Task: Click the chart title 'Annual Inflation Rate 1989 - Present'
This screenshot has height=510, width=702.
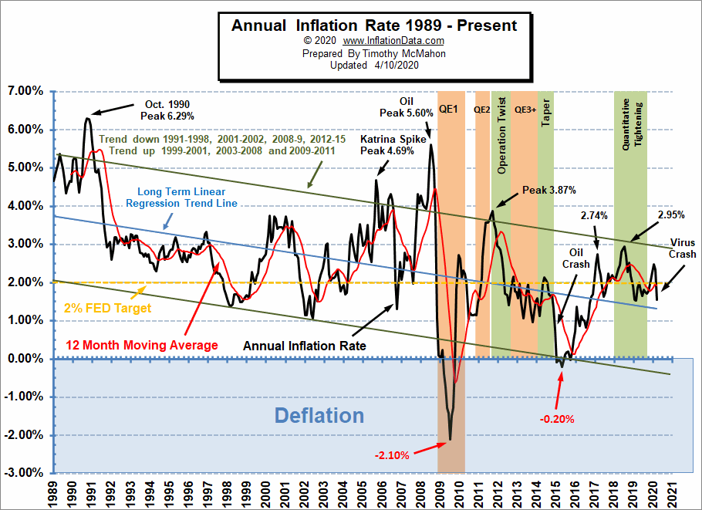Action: point(374,25)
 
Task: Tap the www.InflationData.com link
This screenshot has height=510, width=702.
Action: point(393,40)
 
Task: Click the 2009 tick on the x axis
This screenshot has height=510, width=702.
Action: point(439,491)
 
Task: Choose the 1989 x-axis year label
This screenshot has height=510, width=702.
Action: point(54,491)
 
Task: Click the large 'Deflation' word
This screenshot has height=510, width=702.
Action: point(319,415)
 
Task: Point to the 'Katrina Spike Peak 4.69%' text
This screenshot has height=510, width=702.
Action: point(387,145)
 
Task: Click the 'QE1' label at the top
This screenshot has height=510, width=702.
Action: point(448,110)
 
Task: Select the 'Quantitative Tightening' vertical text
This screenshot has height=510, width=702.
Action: point(631,128)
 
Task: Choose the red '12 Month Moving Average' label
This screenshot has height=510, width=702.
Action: point(152,345)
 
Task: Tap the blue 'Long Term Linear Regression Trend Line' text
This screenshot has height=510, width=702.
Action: point(188,197)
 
